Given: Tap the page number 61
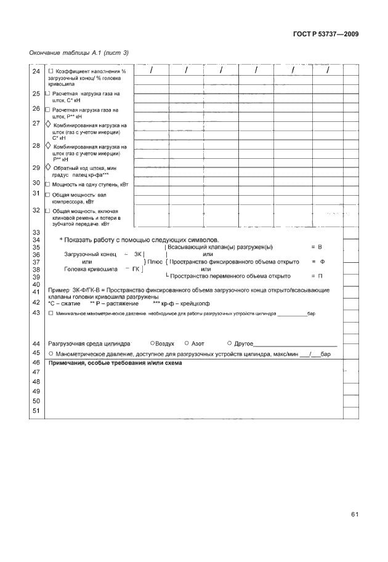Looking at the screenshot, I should (355, 515).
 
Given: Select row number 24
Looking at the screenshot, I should (35, 71).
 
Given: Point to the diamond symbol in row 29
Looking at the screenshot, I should (49, 167).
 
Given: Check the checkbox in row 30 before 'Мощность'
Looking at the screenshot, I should (48, 184).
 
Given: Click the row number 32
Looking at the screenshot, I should (35, 210).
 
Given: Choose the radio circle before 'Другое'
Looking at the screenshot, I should (229, 343).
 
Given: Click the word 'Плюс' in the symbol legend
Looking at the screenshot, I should (155, 262).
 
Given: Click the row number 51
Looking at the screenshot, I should (35, 411).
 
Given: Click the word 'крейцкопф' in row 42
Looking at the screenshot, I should (195, 303).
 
